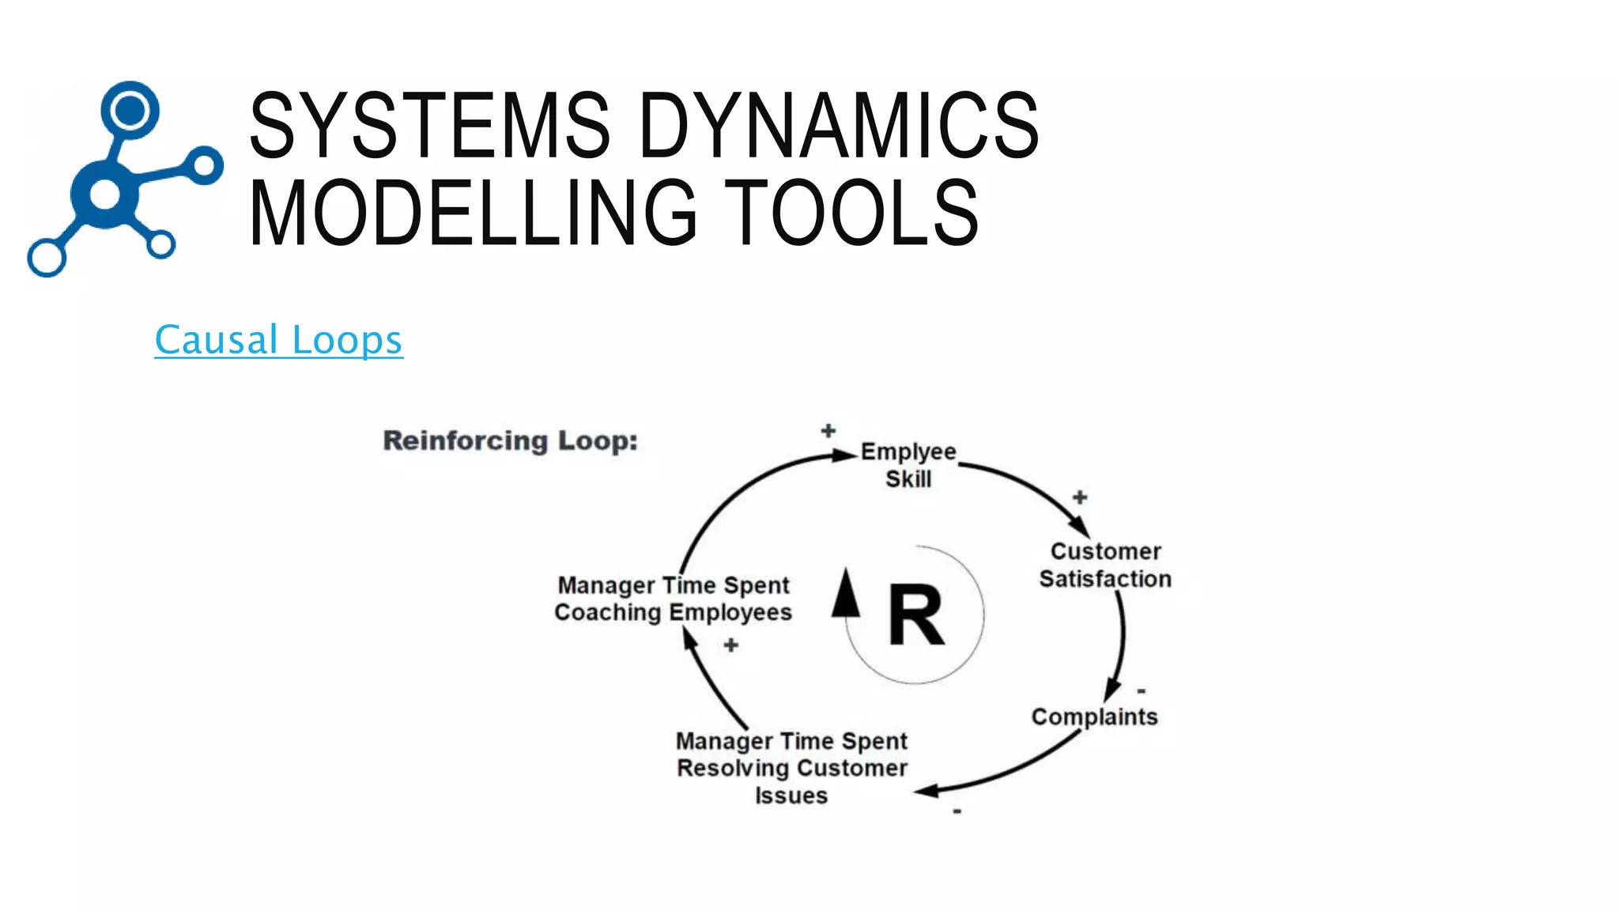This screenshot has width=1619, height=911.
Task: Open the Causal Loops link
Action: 278,340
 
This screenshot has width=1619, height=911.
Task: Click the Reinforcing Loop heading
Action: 510,440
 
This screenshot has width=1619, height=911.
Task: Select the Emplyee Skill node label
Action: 908,465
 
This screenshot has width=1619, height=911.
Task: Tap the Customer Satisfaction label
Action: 1105,565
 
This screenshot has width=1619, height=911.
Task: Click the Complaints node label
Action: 1094,716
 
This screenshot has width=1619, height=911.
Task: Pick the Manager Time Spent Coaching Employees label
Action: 673,599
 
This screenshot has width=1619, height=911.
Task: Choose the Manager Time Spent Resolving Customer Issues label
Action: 791,768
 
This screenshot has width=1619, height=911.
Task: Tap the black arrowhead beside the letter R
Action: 846,594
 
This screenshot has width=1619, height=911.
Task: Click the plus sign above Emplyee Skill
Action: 828,431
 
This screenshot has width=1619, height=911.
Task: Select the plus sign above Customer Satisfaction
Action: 1080,497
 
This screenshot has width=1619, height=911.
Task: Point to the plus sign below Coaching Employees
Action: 730,646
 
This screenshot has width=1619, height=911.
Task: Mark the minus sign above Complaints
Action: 1142,690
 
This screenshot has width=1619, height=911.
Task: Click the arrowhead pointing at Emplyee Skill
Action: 844,455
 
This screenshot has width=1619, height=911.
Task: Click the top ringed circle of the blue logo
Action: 130,109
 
